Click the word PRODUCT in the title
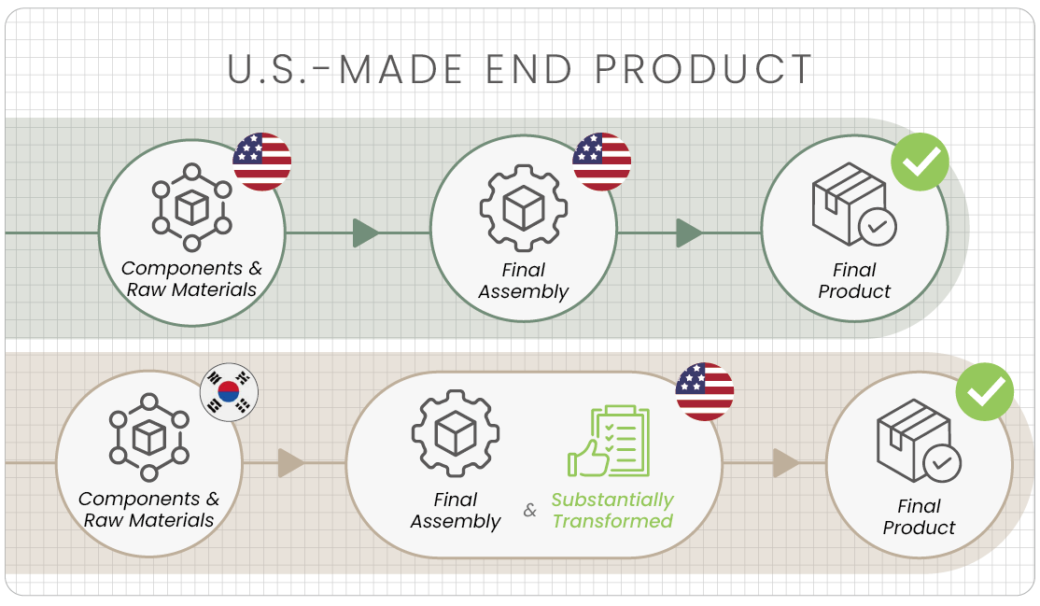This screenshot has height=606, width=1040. (703, 70)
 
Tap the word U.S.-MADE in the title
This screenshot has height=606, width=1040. (344, 70)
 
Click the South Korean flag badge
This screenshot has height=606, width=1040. (229, 391)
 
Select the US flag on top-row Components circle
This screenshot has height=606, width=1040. (262, 162)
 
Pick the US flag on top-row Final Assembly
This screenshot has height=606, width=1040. (601, 162)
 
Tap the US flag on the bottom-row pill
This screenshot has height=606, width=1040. (705, 391)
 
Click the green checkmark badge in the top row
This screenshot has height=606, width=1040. (920, 162)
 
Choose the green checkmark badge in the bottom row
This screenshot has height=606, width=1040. (984, 391)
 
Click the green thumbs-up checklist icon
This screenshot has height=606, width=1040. (608, 441)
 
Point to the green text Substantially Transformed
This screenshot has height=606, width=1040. (612, 510)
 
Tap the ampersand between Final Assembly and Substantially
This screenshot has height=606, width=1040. (529, 510)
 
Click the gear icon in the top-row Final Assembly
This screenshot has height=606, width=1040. (524, 207)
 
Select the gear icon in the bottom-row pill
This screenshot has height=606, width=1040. (455, 433)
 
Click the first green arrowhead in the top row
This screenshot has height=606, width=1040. (365, 233)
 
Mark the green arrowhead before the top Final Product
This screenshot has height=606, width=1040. (689, 233)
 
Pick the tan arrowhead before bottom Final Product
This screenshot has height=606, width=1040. (786, 462)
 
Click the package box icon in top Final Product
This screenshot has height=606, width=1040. (854, 204)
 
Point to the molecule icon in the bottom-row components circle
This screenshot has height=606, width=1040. (149, 437)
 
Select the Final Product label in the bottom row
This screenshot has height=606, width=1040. (919, 516)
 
